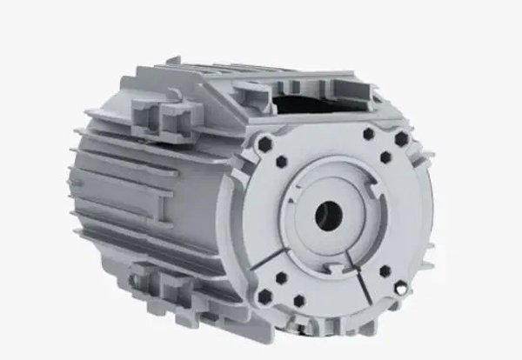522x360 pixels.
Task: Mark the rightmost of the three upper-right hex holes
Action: (401, 138)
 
